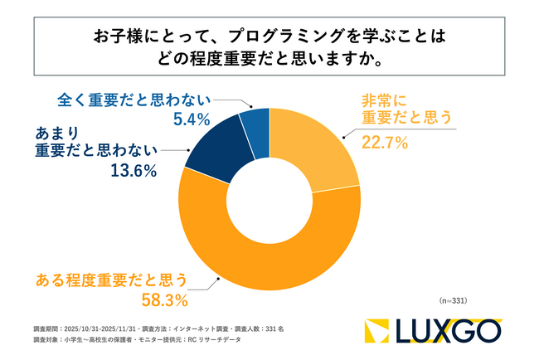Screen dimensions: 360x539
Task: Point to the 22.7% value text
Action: click(385, 143)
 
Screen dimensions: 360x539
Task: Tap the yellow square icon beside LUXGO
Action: click(379, 330)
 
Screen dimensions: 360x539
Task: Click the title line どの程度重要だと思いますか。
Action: click(269, 60)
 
